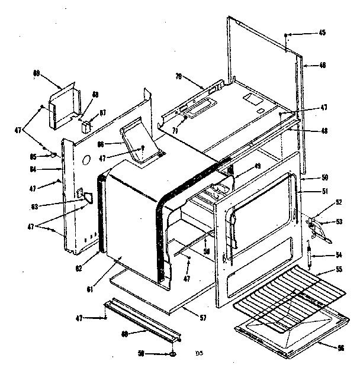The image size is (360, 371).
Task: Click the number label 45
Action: click(x=322, y=33)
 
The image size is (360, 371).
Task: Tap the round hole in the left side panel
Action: click(x=86, y=160)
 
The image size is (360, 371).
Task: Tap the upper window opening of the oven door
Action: click(x=261, y=201)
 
